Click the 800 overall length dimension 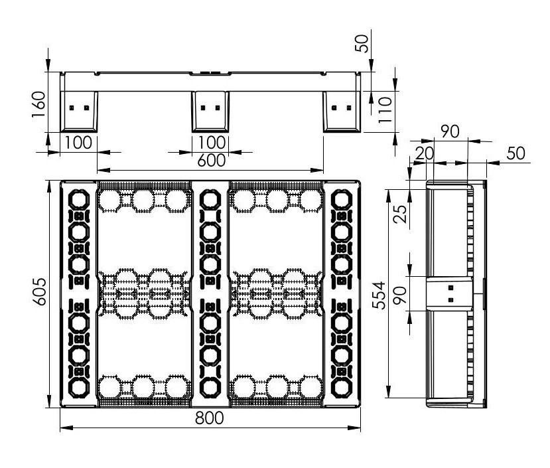(210, 418)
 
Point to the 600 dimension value (210, 160)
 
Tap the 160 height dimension (38, 103)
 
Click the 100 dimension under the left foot (78, 143)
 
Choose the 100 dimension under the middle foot (210, 143)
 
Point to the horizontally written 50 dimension (516, 154)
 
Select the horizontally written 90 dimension (450, 131)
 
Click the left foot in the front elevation (79, 110)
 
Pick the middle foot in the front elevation (210, 110)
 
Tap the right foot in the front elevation (342, 110)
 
